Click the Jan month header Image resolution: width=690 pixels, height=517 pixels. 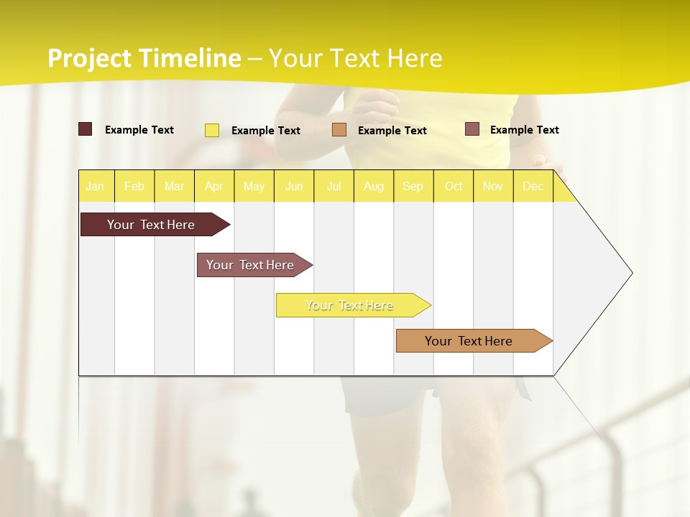95,186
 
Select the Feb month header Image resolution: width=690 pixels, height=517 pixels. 134,186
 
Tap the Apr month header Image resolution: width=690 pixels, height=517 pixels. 213,186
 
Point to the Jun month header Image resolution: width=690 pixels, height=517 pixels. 294,186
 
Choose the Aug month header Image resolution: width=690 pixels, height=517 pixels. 373,186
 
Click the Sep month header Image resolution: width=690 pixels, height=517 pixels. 413,186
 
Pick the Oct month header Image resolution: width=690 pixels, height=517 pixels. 454,186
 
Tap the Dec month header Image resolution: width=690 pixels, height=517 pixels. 533,186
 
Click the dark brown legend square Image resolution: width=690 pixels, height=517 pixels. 86,129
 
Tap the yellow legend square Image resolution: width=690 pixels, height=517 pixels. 212,130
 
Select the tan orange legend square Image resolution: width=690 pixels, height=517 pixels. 339,130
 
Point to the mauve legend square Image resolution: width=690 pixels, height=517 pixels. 472,129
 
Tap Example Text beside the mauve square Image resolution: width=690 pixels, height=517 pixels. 524,130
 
